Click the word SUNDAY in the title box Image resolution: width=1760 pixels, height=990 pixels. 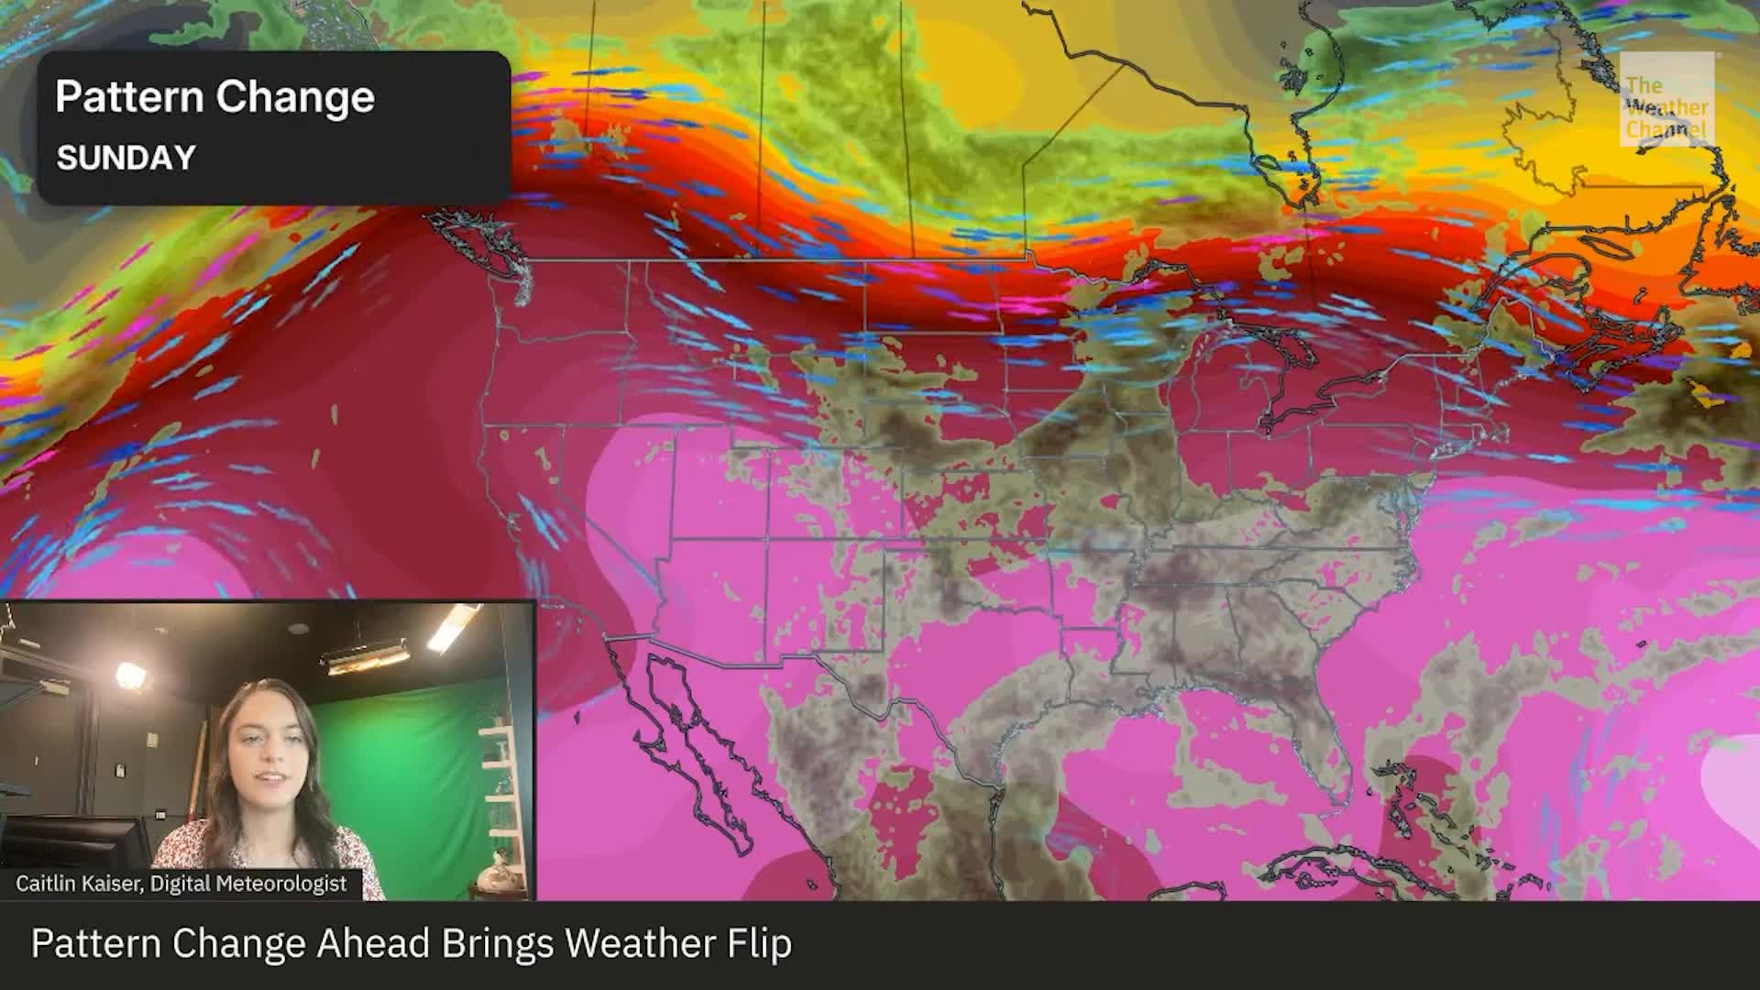coord(126,158)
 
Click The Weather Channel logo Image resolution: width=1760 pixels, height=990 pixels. coord(1666,98)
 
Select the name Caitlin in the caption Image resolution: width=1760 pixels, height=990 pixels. coord(47,884)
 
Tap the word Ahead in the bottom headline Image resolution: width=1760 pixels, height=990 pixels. coord(372,944)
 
